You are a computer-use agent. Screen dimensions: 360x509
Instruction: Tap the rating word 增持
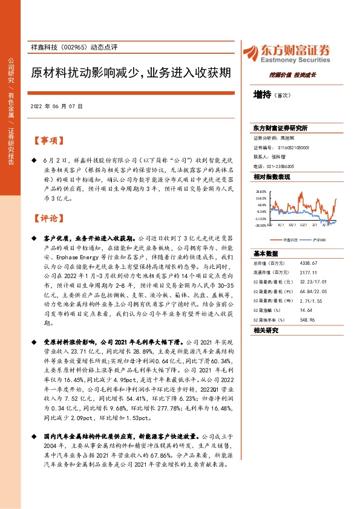(x=262, y=94)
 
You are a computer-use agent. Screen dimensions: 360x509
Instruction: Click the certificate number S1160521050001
(x=289, y=147)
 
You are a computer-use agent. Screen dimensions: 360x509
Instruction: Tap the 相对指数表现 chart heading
(x=271, y=177)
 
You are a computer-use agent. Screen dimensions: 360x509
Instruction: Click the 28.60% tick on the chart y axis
(x=261, y=190)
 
